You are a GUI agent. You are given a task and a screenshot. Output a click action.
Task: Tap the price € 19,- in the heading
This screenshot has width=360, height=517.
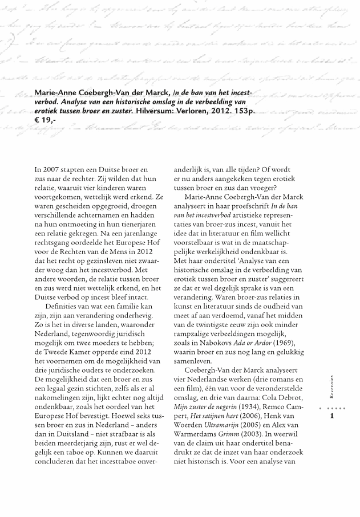pyautogui.click(x=46, y=122)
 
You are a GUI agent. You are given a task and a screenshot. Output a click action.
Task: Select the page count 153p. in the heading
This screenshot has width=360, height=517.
pyautogui.click(x=242, y=112)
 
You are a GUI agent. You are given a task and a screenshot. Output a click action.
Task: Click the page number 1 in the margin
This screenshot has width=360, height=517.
pyautogui.click(x=331, y=418)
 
